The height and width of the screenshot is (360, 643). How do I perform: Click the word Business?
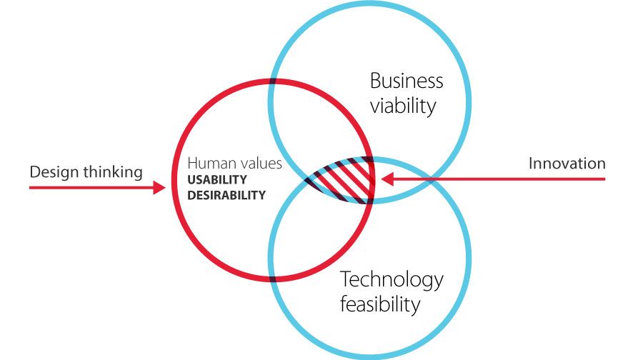tap(407, 81)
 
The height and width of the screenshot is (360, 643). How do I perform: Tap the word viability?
tap(403, 106)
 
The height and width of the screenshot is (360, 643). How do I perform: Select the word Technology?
tap(392, 281)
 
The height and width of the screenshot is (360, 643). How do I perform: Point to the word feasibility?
tap(380, 304)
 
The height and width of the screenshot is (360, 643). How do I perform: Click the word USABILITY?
tap(217, 179)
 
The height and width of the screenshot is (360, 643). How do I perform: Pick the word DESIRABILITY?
tap(226, 195)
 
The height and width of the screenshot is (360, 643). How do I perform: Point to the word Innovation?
tap(567, 164)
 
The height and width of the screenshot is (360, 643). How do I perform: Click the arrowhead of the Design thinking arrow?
tap(159, 187)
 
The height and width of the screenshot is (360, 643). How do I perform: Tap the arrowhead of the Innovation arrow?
tap(387, 179)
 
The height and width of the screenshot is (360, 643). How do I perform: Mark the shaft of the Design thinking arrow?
tap(91, 187)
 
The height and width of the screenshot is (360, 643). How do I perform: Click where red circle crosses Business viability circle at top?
tap(273, 81)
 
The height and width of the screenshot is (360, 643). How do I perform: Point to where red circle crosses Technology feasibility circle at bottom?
tap(273, 278)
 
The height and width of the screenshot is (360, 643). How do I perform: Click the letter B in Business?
tap(375, 81)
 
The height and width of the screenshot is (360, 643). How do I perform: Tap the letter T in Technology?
tap(346, 279)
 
